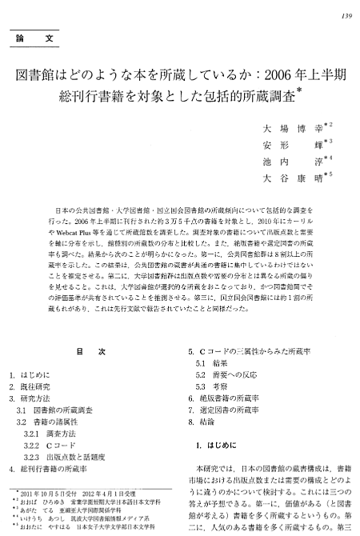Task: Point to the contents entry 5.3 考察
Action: (x=216, y=386)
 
